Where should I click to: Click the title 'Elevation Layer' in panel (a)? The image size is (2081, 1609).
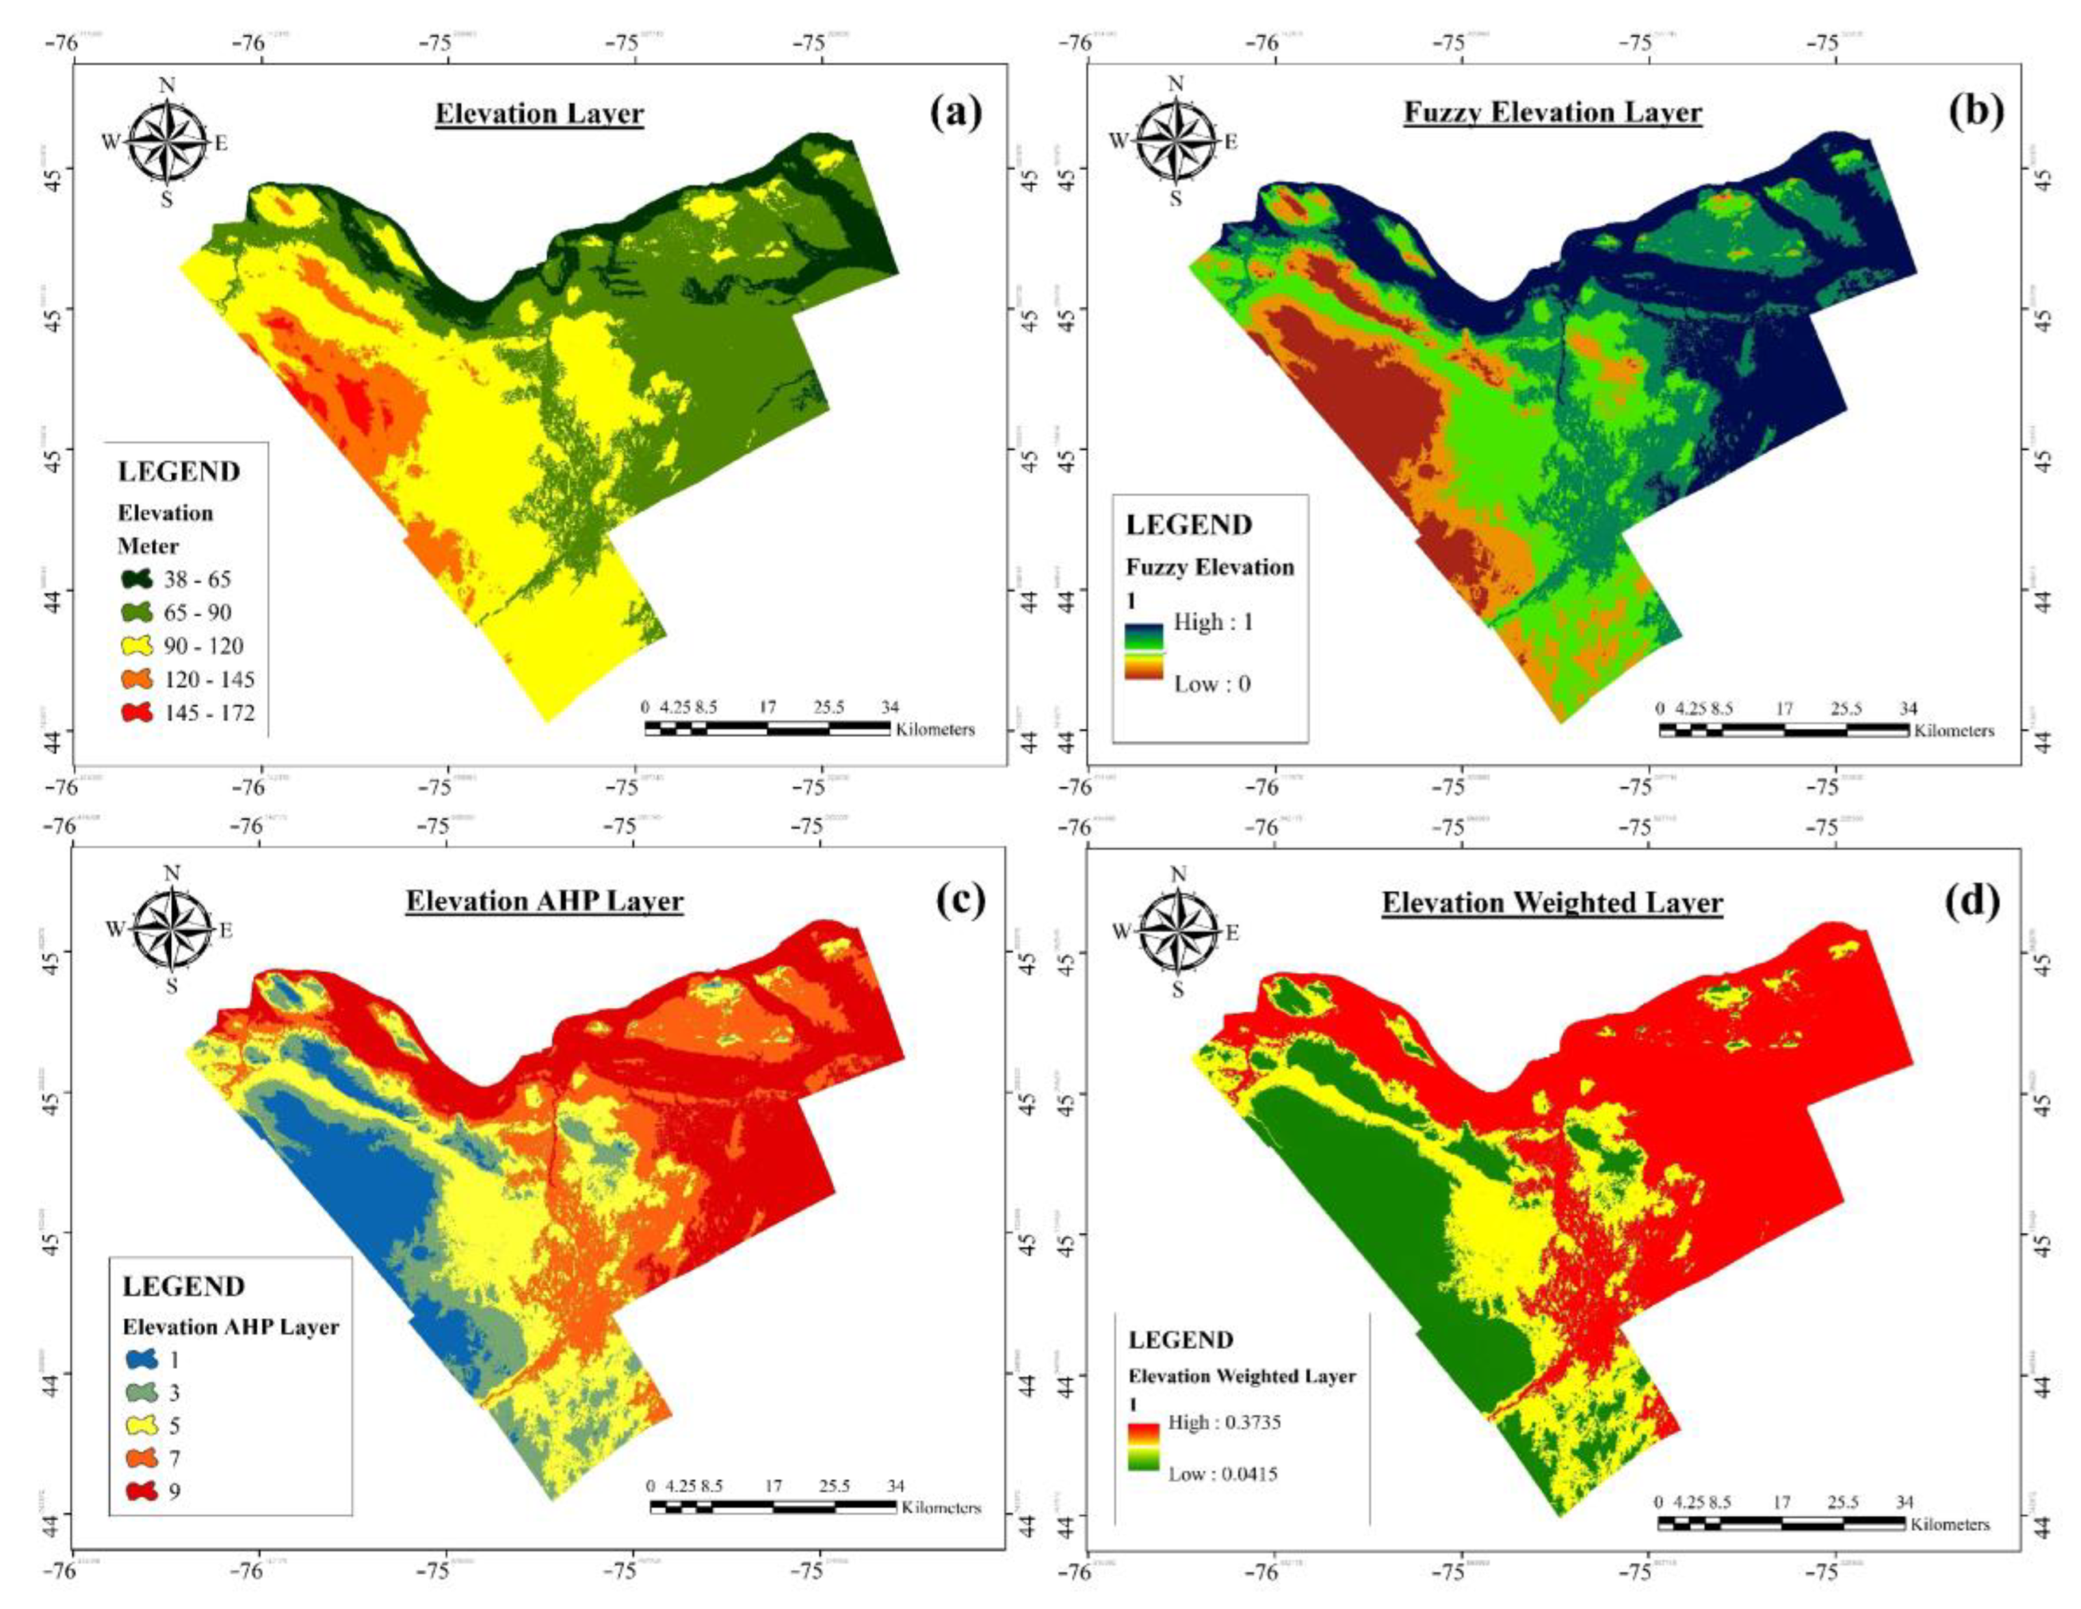539,114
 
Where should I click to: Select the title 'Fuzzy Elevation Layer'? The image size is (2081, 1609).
1552,112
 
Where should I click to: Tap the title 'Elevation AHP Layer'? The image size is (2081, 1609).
544,901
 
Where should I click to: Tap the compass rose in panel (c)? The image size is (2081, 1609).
172,929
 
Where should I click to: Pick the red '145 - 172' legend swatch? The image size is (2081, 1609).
136,713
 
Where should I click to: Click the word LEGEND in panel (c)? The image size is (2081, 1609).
184,1286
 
